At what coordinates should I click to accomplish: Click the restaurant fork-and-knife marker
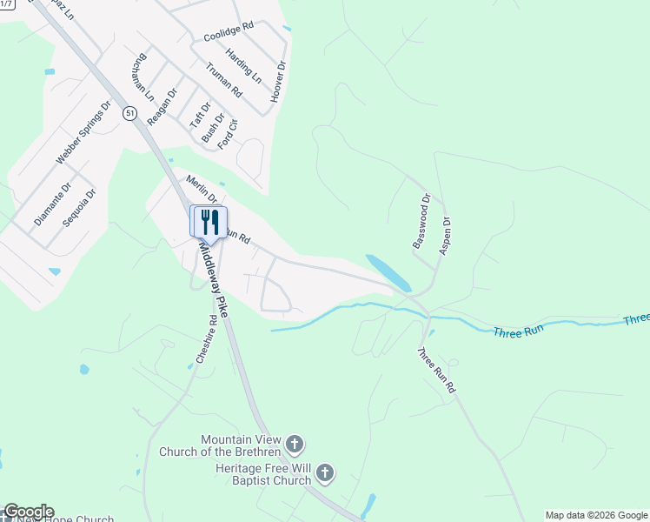coord(209,221)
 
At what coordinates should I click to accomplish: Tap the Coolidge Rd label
coord(229,32)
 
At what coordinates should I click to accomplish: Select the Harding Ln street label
coord(243,65)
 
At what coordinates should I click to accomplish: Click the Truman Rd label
coord(223,79)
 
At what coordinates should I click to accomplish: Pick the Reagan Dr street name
coord(162,107)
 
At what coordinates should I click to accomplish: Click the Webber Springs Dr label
coord(84,133)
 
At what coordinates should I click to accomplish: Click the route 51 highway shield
coord(129,113)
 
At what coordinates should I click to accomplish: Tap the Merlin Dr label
coord(201,188)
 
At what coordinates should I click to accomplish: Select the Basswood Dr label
coord(421,221)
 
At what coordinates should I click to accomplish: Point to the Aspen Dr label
coord(445,233)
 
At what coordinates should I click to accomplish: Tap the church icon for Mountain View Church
coord(295,445)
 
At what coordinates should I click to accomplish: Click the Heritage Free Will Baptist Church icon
coord(325,473)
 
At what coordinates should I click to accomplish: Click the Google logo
coord(29,512)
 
